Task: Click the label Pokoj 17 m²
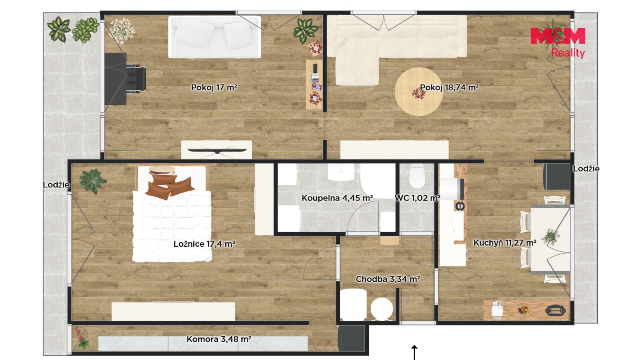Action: [x=214, y=88]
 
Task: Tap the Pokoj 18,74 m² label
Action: [x=449, y=88]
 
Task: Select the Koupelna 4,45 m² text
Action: [x=337, y=198]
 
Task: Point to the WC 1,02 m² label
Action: [x=417, y=198]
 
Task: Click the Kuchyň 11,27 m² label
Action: [x=505, y=243]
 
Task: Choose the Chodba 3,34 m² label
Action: [x=388, y=279]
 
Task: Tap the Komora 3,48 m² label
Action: [x=219, y=339]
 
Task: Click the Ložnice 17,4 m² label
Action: [x=204, y=244]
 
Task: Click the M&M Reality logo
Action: [x=558, y=42]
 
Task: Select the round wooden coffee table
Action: [x=419, y=92]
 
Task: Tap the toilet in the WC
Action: [x=417, y=176]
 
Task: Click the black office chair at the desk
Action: [x=136, y=79]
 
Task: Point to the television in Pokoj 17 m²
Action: [x=217, y=150]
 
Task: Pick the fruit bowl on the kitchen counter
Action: [x=524, y=310]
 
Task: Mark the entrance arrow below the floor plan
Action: [x=414, y=352]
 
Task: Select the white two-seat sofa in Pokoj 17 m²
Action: [x=215, y=37]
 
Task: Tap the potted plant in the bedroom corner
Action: [x=93, y=181]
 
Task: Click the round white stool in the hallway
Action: [x=382, y=309]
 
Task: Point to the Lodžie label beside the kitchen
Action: [x=586, y=168]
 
